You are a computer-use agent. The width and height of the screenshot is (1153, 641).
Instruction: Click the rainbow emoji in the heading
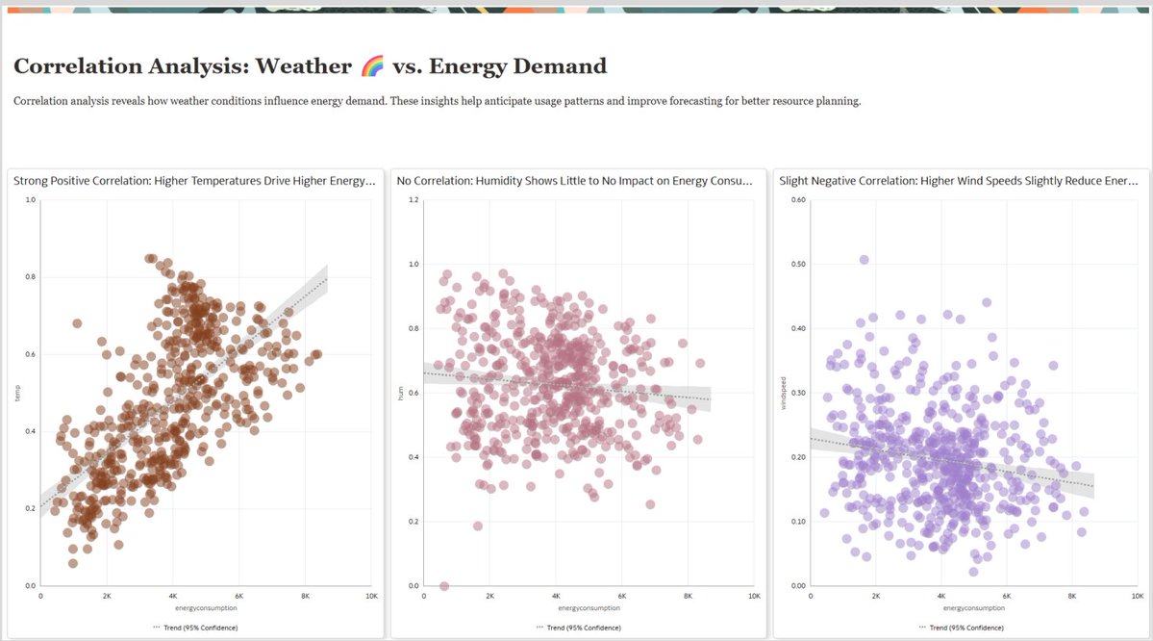click(373, 66)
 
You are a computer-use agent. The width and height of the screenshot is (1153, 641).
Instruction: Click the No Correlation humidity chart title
click(576, 180)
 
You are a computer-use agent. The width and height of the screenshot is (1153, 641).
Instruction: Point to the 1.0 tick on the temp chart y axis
click(31, 200)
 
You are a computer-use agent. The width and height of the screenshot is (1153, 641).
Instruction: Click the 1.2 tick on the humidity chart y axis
click(414, 200)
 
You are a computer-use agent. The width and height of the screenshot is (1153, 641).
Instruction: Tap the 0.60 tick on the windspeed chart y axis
click(796, 200)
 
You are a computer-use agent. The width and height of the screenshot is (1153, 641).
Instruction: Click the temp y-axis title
click(16, 393)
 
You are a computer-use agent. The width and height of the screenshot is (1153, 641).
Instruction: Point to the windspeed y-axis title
click(784, 393)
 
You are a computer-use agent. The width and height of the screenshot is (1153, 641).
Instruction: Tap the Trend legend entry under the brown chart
click(194, 628)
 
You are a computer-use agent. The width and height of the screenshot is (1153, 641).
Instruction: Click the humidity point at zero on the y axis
click(443, 585)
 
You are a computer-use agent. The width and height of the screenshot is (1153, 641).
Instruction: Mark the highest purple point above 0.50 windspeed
click(864, 260)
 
